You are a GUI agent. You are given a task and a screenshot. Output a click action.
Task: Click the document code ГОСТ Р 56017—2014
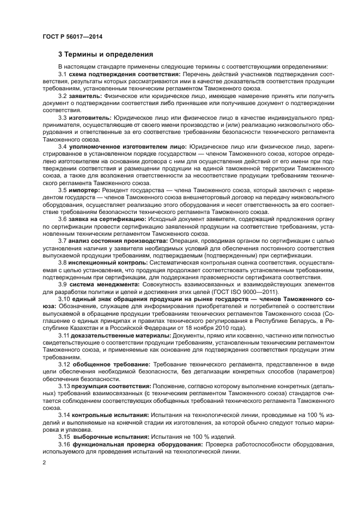tap(72, 36)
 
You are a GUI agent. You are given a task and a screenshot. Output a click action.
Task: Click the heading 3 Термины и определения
tap(105, 54)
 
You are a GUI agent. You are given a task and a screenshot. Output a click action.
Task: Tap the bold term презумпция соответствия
tap(112, 385)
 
